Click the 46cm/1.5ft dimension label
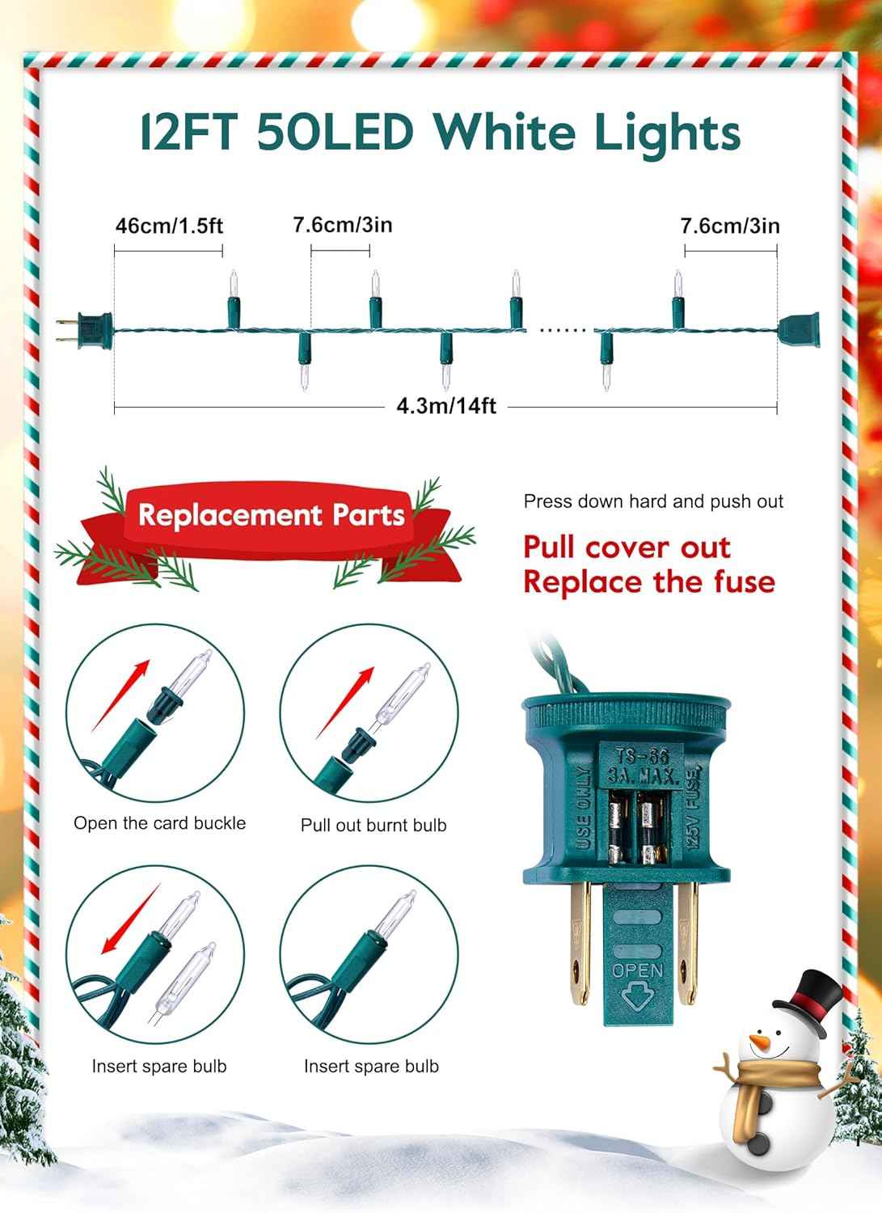[169, 226]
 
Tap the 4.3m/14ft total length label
[446, 406]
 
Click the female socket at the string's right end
[799, 329]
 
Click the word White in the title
[504, 132]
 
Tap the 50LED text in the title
[335, 132]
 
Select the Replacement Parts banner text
[272, 514]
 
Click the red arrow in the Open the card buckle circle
[120, 695]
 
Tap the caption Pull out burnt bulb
[373, 826]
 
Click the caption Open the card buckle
[160, 823]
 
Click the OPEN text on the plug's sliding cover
[637, 971]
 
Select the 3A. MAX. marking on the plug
[642, 776]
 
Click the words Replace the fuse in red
[649, 582]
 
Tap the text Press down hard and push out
[653, 501]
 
